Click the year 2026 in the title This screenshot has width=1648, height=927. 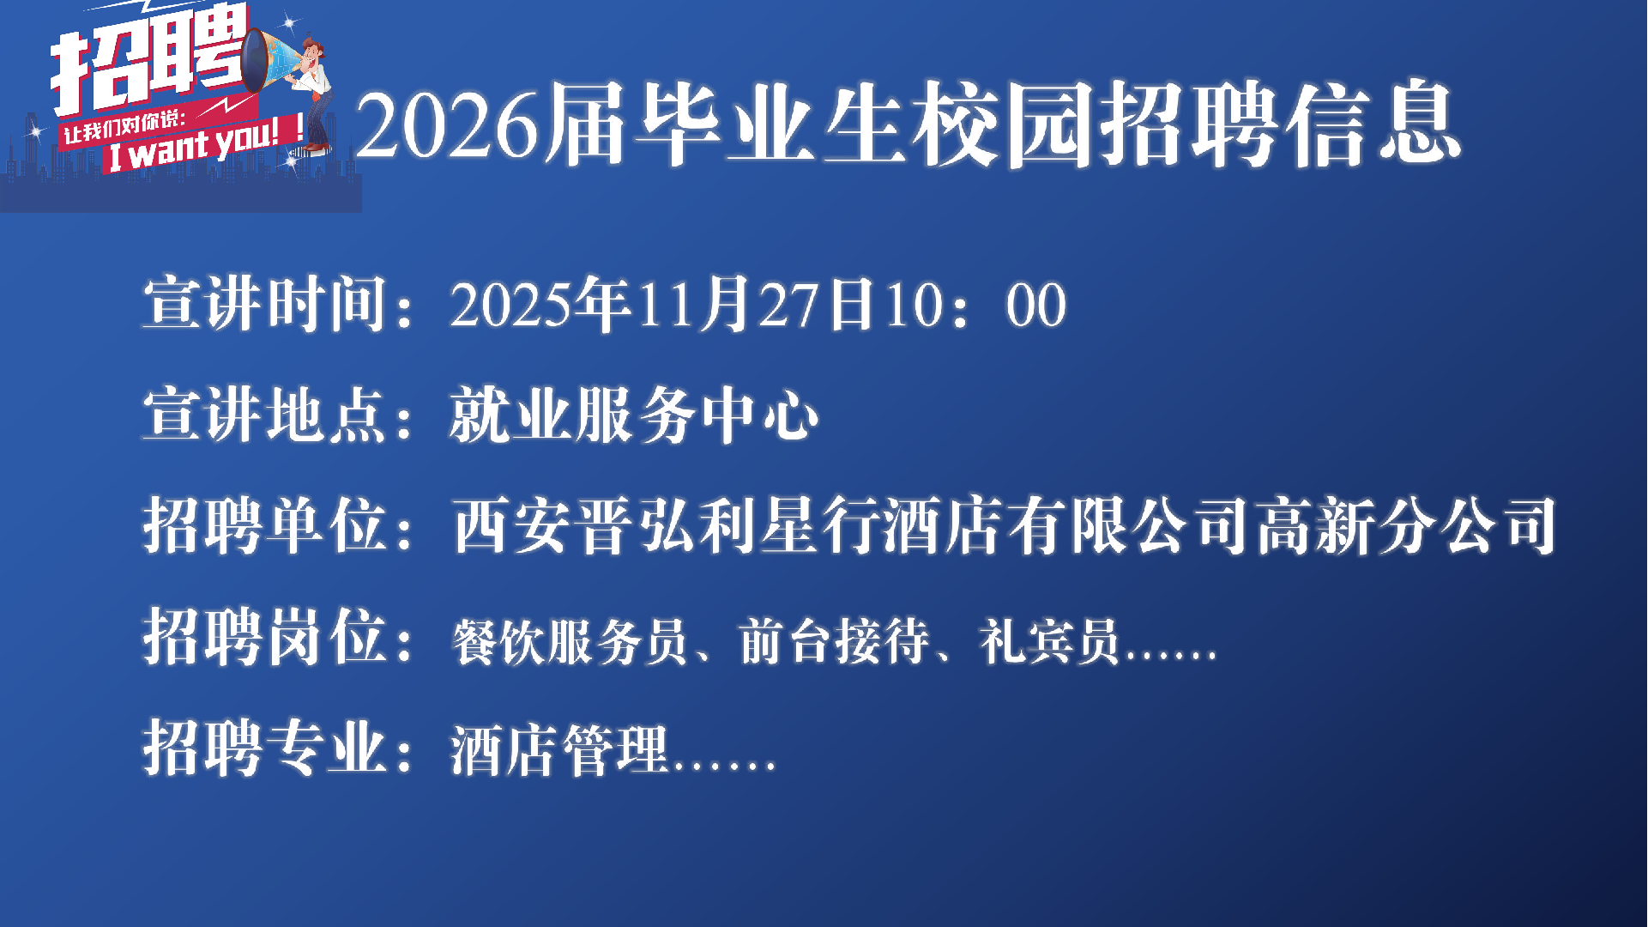pyautogui.click(x=447, y=125)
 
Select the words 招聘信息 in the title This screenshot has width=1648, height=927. pyautogui.click(x=1280, y=124)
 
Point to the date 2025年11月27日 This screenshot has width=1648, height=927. pyautogui.click(x=661, y=304)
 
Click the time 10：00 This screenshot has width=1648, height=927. pyautogui.click(x=975, y=306)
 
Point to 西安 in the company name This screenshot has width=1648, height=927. pyautogui.click(x=513, y=525)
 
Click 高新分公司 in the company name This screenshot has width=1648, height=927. pyautogui.click(x=1406, y=525)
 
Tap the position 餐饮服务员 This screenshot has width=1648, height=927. pyautogui.click(x=570, y=641)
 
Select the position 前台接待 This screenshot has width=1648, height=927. pyautogui.click(x=834, y=641)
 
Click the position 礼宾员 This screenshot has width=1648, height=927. pyautogui.click(x=1049, y=641)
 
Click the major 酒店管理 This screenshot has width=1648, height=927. pyautogui.click(x=559, y=749)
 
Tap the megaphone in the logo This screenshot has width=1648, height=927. pyautogui.click(x=268, y=60)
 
